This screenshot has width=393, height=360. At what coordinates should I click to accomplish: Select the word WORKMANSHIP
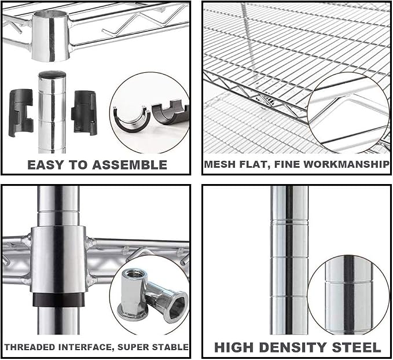pyautogui.click(x=346, y=164)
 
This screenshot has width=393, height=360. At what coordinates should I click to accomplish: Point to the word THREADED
pyautogui.click(x=30, y=347)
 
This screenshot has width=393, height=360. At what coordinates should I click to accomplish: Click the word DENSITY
pyautogui.click(x=295, y=347)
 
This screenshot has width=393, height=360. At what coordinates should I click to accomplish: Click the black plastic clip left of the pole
pyautogui.click(x=21, y=112)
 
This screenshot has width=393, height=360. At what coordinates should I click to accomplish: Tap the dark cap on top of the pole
pyautogui.click(x=52, y=74)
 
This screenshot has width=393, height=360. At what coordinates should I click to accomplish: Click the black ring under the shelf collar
pyautogui.click(x=58, y=299)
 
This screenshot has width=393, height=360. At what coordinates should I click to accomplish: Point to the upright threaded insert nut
pyautogui.click(x=132, y=295)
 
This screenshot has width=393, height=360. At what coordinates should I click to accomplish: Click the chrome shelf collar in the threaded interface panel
pyautogui.click(x=58, y=259)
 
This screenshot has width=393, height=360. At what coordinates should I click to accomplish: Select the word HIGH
pyautogui.click(x=234, y=347)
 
